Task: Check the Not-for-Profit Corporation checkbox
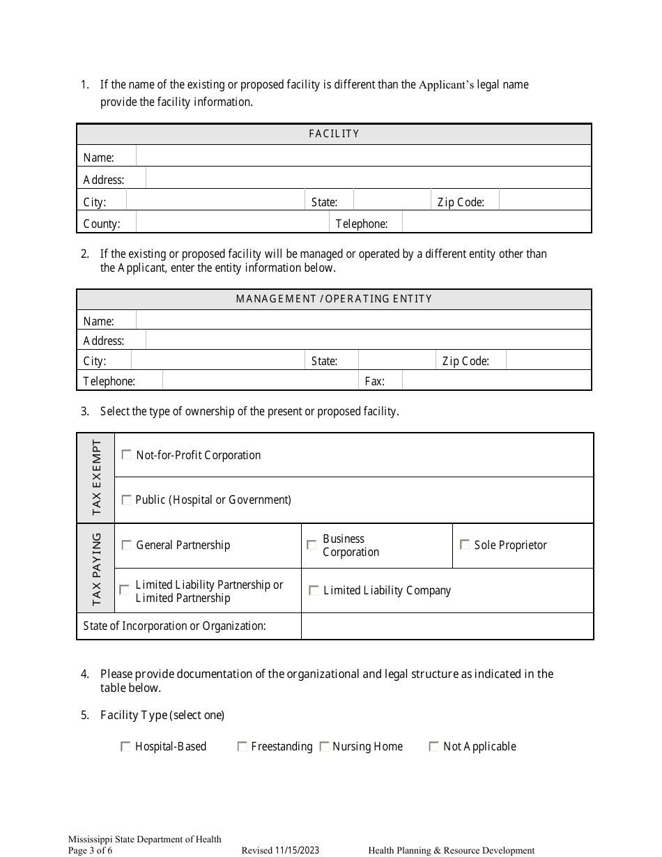[127, 455]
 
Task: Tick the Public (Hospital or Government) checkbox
[127, 500]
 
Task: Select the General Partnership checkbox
[127, 546]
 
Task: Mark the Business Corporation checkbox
[311, 545]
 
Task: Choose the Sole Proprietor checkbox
[465, 545]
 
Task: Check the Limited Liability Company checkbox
[314, 591]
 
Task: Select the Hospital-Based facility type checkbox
[125, 747]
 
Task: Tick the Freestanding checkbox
[243, 747]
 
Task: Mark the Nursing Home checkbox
[324, 747]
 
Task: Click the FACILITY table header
[334, 134]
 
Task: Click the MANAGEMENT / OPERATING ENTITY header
[334, 299]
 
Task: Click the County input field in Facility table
[232, 224]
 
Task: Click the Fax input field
[496, 381]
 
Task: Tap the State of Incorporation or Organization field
[447, 626]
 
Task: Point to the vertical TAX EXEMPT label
[96, 478]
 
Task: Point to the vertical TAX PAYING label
[96, 569]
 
